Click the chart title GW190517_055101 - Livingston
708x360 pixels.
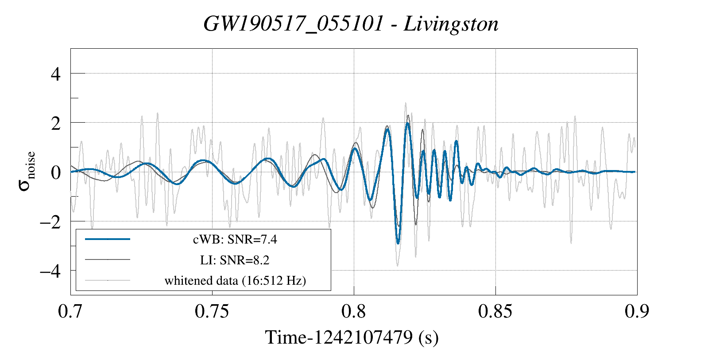point(351,24)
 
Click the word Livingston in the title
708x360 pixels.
point(451,24)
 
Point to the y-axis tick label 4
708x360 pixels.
point(55,74)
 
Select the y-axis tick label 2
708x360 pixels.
point(55,123)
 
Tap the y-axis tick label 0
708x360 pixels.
point(55,172)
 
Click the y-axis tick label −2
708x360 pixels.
point(50,221)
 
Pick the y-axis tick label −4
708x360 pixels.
point(50,271)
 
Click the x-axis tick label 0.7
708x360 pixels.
point(70,311)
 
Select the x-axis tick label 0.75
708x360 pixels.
point(212,311)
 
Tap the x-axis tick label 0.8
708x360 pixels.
point(354,311)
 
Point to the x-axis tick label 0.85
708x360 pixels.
point(495,311)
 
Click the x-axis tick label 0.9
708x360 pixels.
point(637,311)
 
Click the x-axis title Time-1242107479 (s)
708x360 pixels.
point(352,337)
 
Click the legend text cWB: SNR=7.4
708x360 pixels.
point(235,240)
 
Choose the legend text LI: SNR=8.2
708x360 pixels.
point(235,260)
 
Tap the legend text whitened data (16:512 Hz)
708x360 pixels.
point(235,280)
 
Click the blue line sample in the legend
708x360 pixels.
point(108,239)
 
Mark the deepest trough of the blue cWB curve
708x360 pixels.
point(398,243)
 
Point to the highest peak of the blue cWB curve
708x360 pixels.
point(407,123)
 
